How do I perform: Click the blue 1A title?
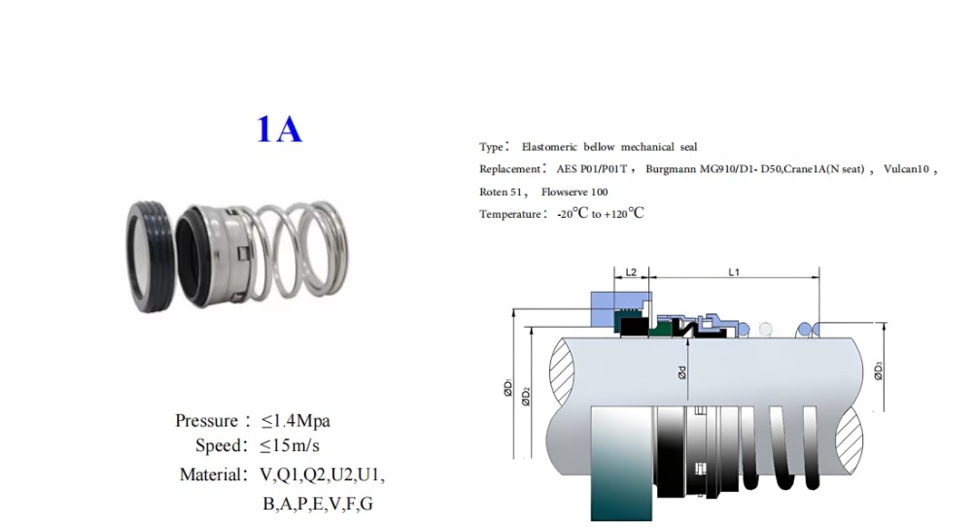(279, 129)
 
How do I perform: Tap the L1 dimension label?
(734, 272)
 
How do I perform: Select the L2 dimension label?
(631, 272)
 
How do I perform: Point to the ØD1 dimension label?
(508, 387)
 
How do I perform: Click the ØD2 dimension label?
(526, 396)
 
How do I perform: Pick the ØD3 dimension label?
(879, 371)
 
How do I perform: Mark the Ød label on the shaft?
(682, 372)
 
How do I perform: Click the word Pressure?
(206, 421)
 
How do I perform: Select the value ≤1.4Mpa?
(295, 421)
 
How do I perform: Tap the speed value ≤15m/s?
(290, 445)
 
